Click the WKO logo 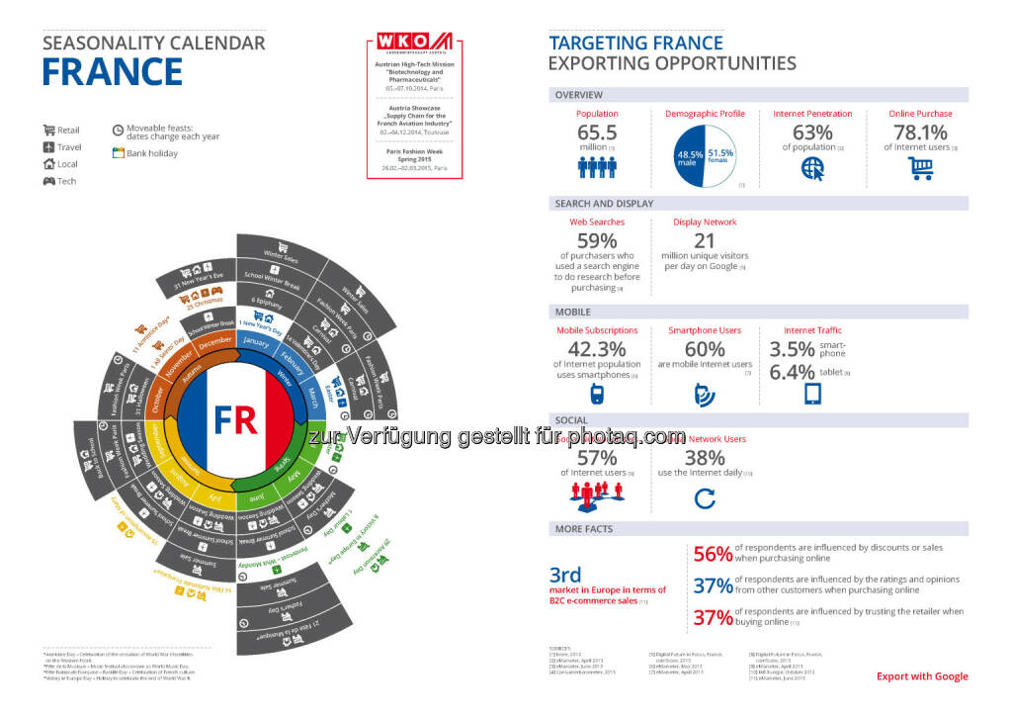click(414, 42)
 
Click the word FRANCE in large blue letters click(113, 73)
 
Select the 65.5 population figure click(597, 133)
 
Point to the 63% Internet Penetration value click(812, 133)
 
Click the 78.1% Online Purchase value click(920, 133)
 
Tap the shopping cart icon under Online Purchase click(920, 169)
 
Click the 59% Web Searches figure click(597, 241)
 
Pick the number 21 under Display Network click(705, 241)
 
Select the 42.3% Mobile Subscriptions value click(597, 350)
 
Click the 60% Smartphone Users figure click(705, 350)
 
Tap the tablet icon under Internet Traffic click(812, 394)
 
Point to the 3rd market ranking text click(565, 576)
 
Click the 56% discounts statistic click(712, 554)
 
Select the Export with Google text click(922, 676)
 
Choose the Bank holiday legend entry click(150, 153)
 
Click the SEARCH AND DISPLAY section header click(604, 203)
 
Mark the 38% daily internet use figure click(705, 458)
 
